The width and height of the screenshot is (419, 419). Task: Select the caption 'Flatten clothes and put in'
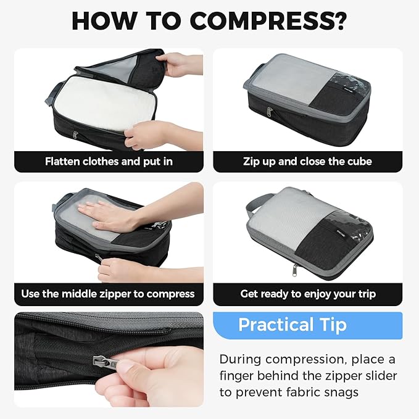[x=109, y=162]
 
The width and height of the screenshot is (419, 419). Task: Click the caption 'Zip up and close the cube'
[x=307, y=162]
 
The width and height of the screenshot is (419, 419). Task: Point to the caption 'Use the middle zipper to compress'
[x=108, y=294]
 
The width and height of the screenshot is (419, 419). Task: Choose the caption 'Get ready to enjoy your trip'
[x=307, y=294]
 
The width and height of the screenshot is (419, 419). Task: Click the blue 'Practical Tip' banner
[x=307, y=325]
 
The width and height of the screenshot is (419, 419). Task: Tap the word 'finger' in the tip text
[x=239, y=376]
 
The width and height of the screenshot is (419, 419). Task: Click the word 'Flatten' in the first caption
[x=64, y=162]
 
